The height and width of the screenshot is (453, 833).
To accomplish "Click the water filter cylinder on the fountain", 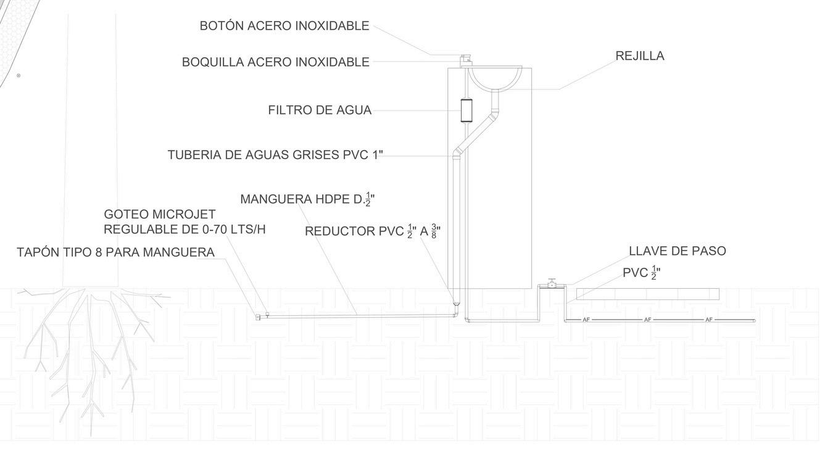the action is coord(466,110).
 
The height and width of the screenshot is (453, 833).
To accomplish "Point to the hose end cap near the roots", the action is coord(257,317).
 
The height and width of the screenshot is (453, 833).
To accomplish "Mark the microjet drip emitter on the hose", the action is coord(267,315).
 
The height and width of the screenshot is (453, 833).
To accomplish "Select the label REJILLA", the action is coord(639,56).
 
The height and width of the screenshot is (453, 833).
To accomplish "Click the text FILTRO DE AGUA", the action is coord(320,110).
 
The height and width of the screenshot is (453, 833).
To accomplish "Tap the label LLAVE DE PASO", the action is coord(677,251).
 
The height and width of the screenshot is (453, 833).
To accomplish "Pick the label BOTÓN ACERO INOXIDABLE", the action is coord(284,26).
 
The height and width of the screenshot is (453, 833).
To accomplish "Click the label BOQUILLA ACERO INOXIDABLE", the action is coord(275,62).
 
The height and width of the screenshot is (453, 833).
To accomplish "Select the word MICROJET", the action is coord(183,215).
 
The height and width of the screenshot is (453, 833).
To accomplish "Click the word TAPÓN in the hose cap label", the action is coord(38,252).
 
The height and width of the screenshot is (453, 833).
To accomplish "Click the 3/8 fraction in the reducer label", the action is coord(434,231).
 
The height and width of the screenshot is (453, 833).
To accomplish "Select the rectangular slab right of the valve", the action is coord(647,294).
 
